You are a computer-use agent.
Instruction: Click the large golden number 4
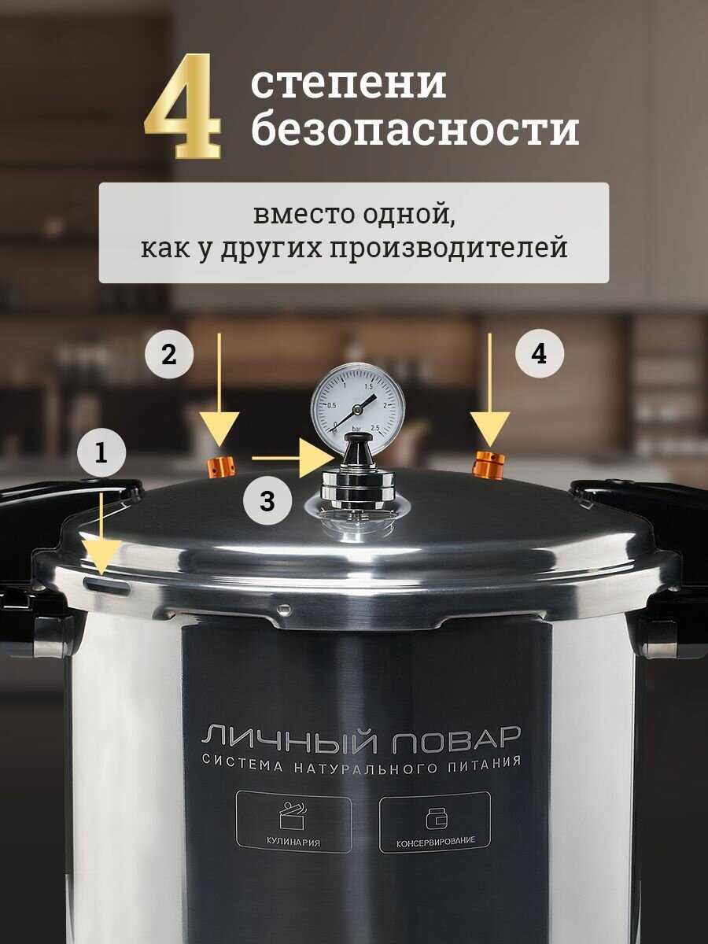tap(183, 106)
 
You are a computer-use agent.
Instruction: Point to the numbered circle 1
tap(101, 452)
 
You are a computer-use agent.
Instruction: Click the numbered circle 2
tap(169, 354)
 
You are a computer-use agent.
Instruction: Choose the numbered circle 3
tap(267, 501)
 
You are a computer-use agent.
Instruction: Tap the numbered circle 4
tap(539, 354)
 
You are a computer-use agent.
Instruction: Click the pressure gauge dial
tap(358, 407)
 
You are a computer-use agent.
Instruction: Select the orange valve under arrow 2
tap(222, 467)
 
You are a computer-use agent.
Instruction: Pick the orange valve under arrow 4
tap(489, 463)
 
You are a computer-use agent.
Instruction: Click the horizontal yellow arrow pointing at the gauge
tap(293, 459)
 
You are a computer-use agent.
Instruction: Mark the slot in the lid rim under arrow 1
tap(107, 585)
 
